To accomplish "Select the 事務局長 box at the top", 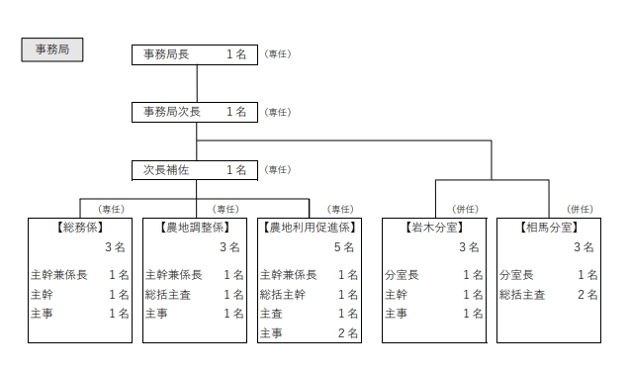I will pos(195,54).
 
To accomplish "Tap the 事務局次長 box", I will pos(195,112).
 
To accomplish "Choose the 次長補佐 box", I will pos(195,170).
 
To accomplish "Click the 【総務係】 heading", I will pos(80,228).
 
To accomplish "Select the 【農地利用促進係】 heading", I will pos(310,228).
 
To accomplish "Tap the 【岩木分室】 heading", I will pos(434,228).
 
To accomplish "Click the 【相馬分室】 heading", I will pos(549,228).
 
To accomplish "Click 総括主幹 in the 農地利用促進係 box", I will pos(283,294).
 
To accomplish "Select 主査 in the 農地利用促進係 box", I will pos(271,313).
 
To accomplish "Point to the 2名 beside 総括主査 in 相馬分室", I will pos(586,294).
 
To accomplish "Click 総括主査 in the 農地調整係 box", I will pos(168,294).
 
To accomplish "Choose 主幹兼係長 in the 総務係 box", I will pos(59,274).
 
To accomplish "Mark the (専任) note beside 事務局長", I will pos(278,54).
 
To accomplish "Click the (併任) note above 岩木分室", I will pos(465,209).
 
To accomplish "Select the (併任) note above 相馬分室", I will pos(580,209).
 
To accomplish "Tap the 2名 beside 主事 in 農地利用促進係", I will pos(347,333).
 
